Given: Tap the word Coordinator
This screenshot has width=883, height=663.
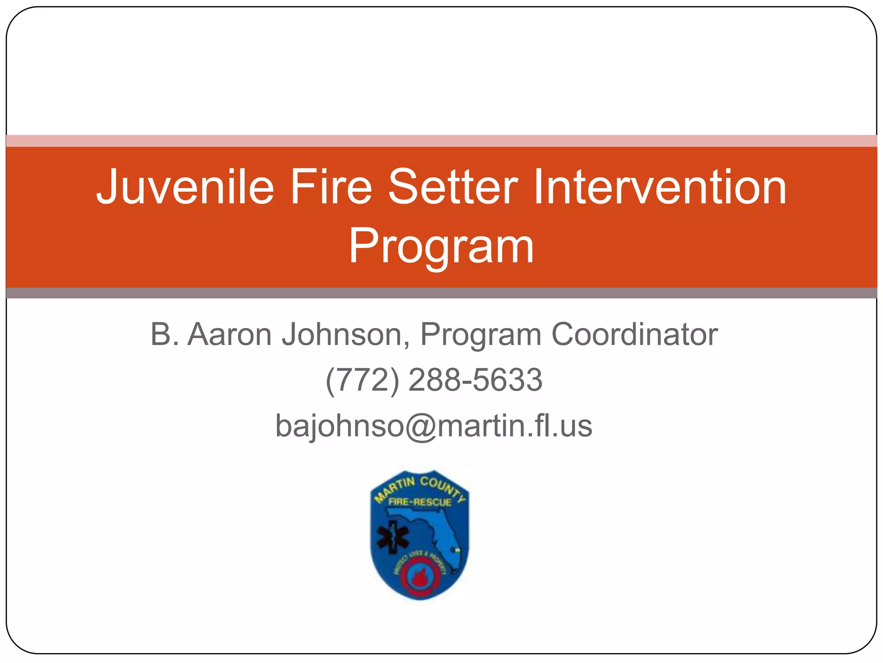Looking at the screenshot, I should click(635, 335).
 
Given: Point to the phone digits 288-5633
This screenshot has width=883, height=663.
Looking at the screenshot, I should click(475, 380).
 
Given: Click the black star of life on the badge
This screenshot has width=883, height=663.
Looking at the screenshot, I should click(392, 538).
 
